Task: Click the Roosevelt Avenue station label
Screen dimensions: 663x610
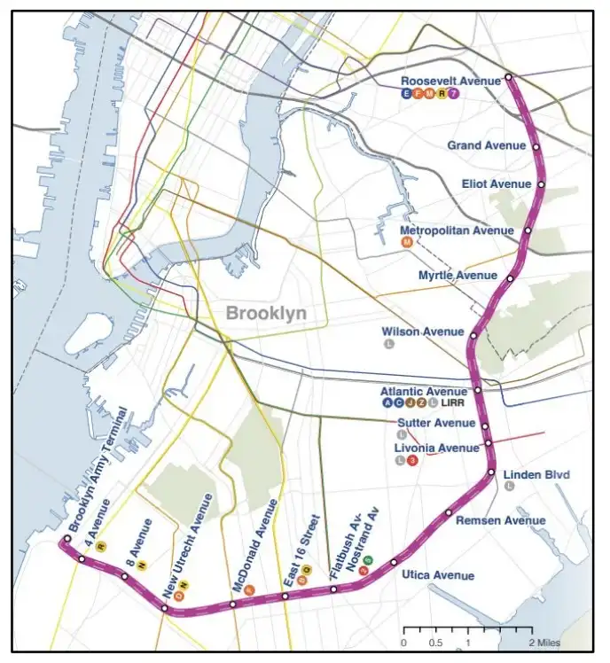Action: (x=450, y=81)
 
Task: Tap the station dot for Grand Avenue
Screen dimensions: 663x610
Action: (x=536, y=146)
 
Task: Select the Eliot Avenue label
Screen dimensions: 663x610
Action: (x=496, y=184)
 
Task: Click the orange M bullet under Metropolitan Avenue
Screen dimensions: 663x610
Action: (x=407, y=243)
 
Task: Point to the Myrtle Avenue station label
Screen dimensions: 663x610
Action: (x=457, y=276)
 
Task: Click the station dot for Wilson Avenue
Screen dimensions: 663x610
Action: (x=474, y=336)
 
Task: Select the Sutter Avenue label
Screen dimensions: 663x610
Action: (x=435, y=423)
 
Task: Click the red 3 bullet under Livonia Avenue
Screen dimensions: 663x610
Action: (x=411, y=460)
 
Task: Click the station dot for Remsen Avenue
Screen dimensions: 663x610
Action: (x=450, y=513)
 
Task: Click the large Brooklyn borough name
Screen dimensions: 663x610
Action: (x=266, y=313)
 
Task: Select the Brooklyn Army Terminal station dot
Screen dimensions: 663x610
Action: (x=66, y=539)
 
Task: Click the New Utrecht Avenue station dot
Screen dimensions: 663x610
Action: (x=165, y=608)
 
